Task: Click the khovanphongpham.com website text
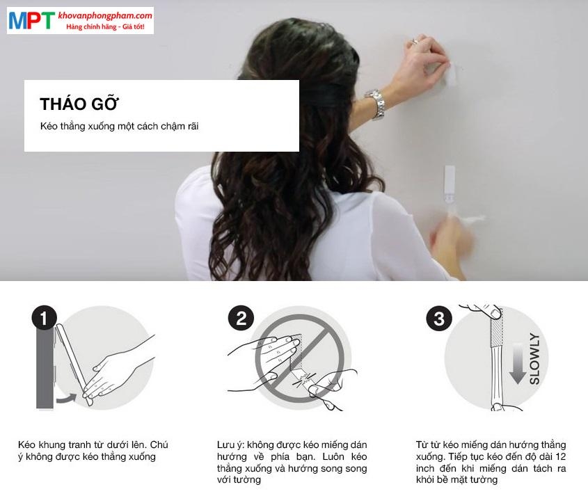point(104,15)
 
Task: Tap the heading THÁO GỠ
point(80,104)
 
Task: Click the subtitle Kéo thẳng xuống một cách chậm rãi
point(120,127)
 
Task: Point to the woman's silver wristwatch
point(376,104)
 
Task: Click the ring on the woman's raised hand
point(415,41)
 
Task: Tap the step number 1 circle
point(44,319)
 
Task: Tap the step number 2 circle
point(241,319)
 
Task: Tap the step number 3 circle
point(439,319)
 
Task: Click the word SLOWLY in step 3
point(534,359)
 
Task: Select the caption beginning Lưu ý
point(292,462)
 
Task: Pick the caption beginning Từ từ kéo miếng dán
point(491,462)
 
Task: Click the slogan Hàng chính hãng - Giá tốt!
point(104,26)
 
